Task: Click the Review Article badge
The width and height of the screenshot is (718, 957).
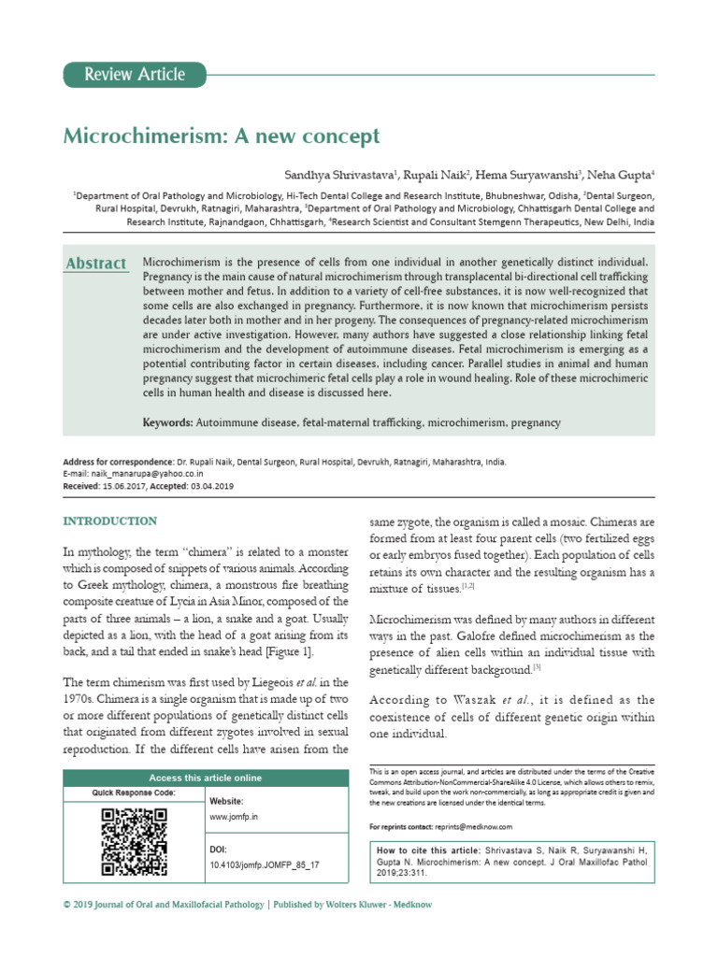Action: [135, 75]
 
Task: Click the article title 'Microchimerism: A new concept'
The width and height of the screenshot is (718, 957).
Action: [222, 136]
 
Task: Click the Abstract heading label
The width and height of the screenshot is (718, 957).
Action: [96, 264]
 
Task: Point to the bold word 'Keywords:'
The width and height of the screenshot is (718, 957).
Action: [168, 423]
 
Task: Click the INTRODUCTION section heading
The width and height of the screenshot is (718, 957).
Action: [109, 521]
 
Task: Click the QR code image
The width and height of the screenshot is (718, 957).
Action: [133, 840]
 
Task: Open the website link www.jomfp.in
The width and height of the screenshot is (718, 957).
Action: [234, 816]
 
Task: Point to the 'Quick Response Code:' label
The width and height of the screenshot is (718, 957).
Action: [134, 793]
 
